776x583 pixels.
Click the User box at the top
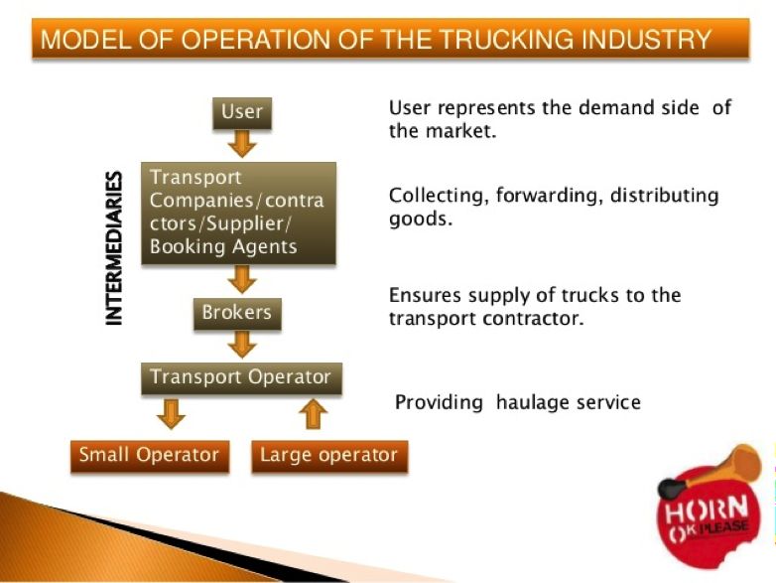tap(241, 112)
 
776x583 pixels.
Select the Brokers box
tap(236, 314)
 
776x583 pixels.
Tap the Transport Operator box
tap(240, 378)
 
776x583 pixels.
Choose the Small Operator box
tap(149, 456)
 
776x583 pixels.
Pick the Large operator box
tap(328, 456)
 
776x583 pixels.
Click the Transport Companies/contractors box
tap(238, 213)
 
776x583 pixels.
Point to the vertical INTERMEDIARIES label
tap(115, 248)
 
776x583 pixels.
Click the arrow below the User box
tap(241, 144)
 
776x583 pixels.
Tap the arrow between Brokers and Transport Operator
tap(240, 345)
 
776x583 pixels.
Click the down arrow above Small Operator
tap(171, 413)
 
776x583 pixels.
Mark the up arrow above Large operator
tap(314, 413)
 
